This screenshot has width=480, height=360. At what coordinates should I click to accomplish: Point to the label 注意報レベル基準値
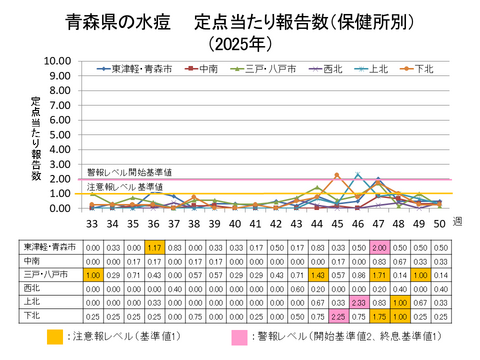[x=124, y=187]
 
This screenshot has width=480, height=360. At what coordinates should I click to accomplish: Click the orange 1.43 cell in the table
[x=318, y=273]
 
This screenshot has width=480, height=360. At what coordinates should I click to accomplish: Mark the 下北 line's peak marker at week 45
[x=337, y=147]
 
